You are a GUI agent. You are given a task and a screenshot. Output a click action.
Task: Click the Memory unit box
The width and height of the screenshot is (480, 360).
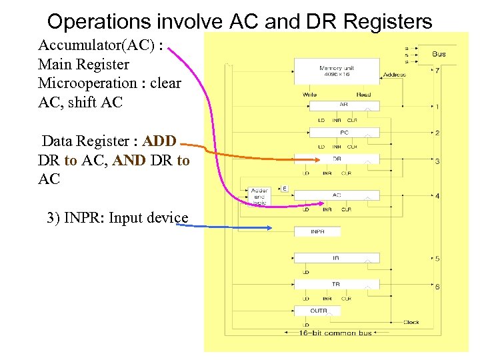coord(337,71)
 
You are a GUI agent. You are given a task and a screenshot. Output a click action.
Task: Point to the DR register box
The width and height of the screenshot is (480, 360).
coord(337,159)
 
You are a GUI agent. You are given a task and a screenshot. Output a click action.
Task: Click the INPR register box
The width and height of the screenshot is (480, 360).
coord(317,231)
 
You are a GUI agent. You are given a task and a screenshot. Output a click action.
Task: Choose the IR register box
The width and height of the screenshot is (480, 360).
coord(337,257)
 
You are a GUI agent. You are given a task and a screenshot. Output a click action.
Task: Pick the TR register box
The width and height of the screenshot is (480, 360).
coord(337,284)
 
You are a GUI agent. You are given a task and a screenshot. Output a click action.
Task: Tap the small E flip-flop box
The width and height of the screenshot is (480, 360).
coord(284,189)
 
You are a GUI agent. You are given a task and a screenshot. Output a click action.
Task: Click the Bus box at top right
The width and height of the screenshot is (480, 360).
coord(439,54)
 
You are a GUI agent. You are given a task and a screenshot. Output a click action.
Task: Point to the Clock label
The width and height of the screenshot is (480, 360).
coord(411,322)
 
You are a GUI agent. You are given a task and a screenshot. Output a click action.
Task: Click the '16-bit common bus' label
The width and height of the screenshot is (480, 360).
coord(335,332)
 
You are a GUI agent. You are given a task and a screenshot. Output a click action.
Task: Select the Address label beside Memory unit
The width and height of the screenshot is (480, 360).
coord(394,75)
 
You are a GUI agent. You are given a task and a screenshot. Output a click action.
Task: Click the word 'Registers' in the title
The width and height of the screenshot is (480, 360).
coord(393,22)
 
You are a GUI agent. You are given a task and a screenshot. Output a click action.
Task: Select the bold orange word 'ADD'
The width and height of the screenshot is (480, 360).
coord(159,141)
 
